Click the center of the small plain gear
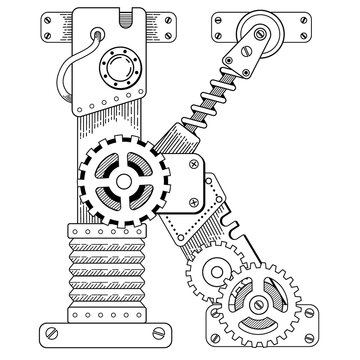(x=214, y=273)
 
